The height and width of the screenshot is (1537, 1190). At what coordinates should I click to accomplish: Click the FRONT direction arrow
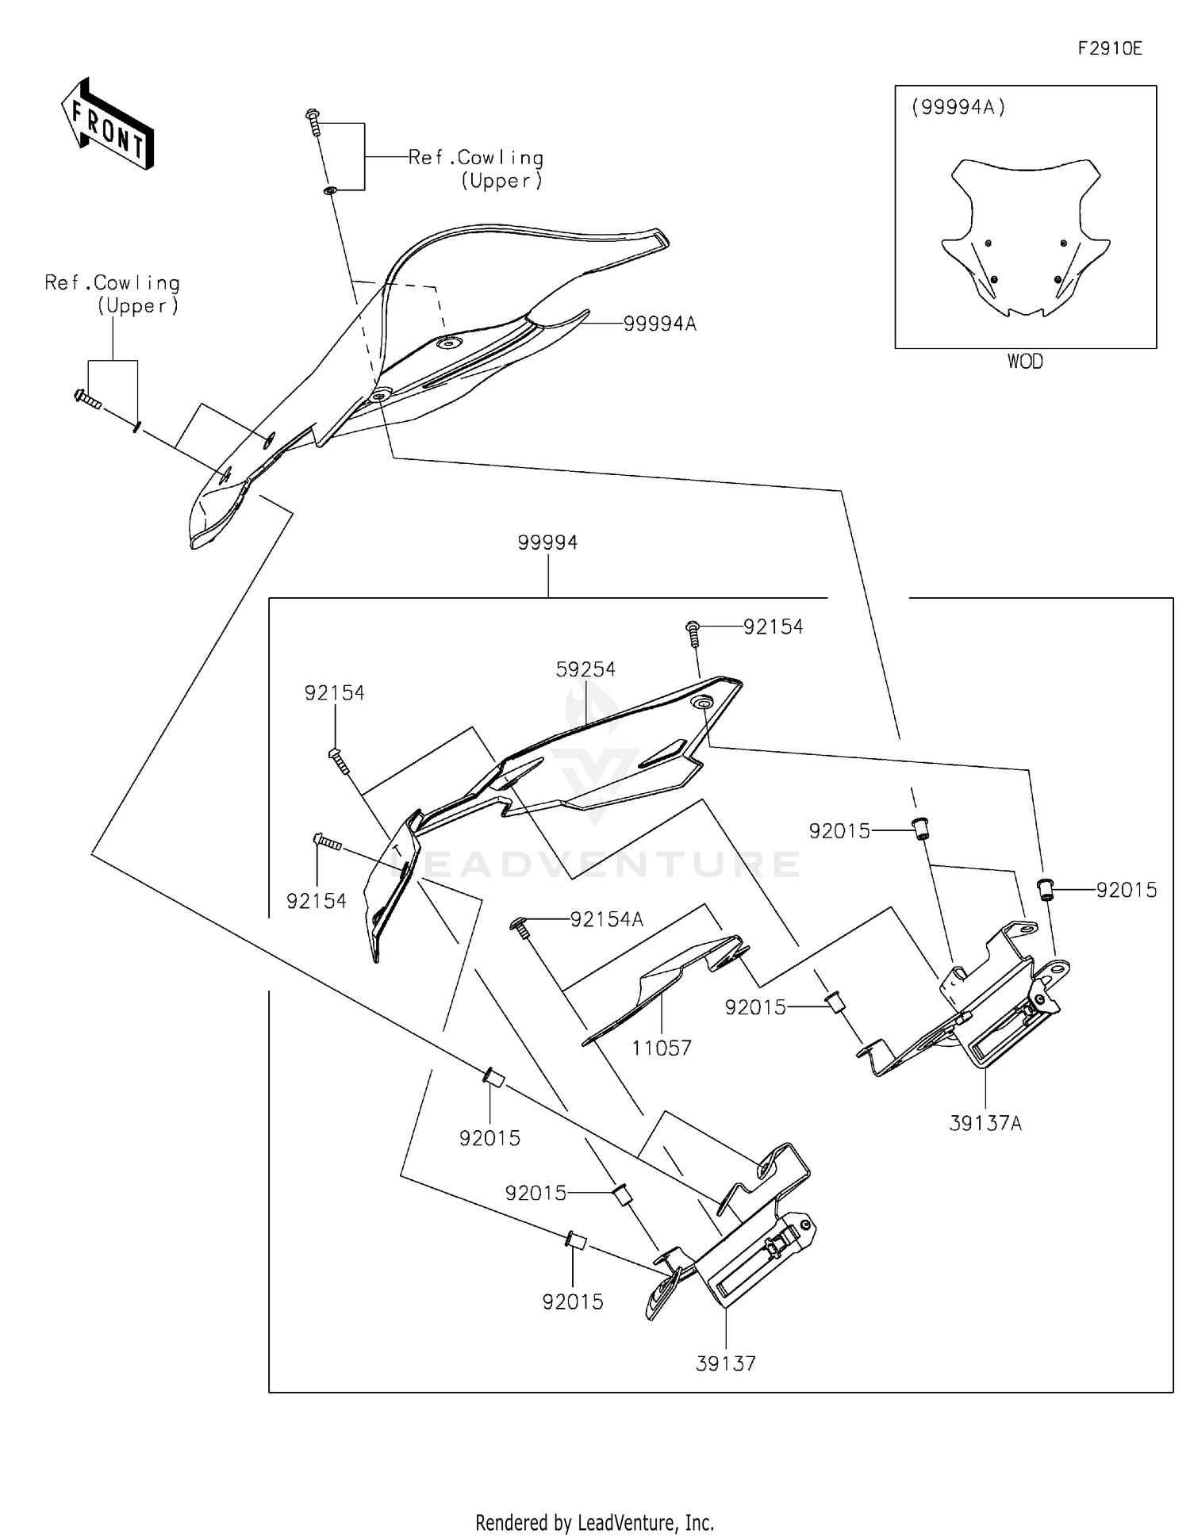pyautogui.click(x=107, y=125)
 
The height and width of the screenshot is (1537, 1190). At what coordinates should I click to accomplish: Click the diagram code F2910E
pyautogui.click(x=1109, y=48)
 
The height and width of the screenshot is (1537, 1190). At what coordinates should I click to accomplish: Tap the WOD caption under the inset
pyautogui.click(x=1025, y=362)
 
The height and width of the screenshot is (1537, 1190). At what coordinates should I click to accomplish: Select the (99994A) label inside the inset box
pyautogui.click(x=958, y=107)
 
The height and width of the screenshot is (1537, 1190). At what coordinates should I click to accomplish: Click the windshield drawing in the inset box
pyautogui.click(x=1024, y=238)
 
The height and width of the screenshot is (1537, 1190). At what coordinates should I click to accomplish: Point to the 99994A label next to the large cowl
pyautogui.click(x=659, y=324)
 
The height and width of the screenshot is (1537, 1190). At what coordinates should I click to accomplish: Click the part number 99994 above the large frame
pyautogui.click(x=547, y=542)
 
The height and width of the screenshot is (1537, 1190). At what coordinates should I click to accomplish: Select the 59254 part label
pyautogui.click(x=585, y=669)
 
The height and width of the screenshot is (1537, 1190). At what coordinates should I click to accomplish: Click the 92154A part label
pyautogui.click(x=607, y=919)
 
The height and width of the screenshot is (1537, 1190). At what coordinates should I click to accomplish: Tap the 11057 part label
pyautogui.click(x=662, y=1048)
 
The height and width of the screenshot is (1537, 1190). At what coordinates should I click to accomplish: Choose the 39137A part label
pyautogui.click(x=985, y=1123)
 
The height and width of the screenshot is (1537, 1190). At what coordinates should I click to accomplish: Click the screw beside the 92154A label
pyautogui.click(x=517, y=926)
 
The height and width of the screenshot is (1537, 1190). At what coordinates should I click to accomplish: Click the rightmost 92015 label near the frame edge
pyautogui.click(x=1127, y=890)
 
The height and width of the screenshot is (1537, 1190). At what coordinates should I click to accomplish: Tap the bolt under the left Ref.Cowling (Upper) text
pyautogui.click(x=86, y=399)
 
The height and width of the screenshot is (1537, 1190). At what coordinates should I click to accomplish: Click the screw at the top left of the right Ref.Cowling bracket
pyautogui.click(x=313, y=121)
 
